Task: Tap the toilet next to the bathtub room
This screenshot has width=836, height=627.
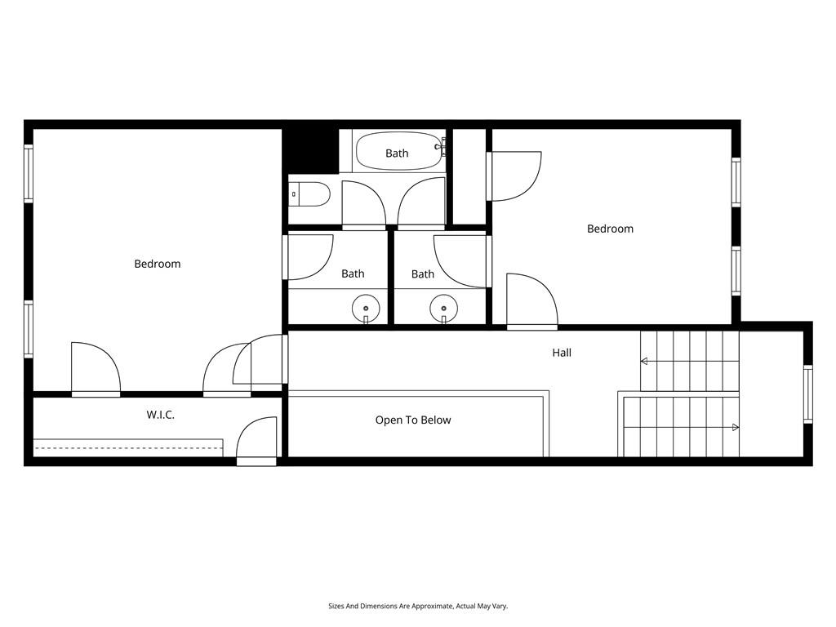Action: pyautogui.click(x=310, y=194)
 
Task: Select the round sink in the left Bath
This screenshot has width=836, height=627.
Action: pyautogui.click(x=365, y=309)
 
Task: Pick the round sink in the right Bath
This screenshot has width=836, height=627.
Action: pyautogui.click(x=443, y=309)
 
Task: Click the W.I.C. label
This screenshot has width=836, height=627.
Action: pyautogui.click(x=160, y=415)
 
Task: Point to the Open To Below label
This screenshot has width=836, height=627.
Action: pyautogui.click(x=412, y=420)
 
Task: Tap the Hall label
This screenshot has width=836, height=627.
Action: pyautogui.click(x=562, y=353)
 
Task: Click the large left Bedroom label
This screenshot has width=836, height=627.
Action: pyautogui.click(x=157, y=264)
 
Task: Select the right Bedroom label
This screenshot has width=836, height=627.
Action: pyautogui.click(x=610, y=229)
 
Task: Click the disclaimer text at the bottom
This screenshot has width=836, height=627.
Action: pyautogui.click(x=418, y=606)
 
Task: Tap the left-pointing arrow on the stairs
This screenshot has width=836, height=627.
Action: pyautogui.click(x=645, y=361)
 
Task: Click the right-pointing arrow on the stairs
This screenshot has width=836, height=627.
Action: pyautogui.click(x=735, y=427)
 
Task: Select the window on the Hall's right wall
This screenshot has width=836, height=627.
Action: pyautogui.click(x=807, y=394)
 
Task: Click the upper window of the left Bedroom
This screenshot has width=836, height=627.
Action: pyautogui.click(x=29, y=173)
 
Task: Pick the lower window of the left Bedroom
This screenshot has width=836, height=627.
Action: pyautogui.click(x=29, y=329)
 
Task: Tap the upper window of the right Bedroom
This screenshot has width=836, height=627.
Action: pyautogui.click(x=736, y=181)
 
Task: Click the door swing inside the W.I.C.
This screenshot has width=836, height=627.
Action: pyautogui.click(x=256, y=439)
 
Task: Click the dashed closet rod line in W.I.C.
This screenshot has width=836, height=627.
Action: pyautogui.click(x=127, y=448)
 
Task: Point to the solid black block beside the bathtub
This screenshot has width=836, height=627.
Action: pyautogui.click(x=310, y=149)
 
